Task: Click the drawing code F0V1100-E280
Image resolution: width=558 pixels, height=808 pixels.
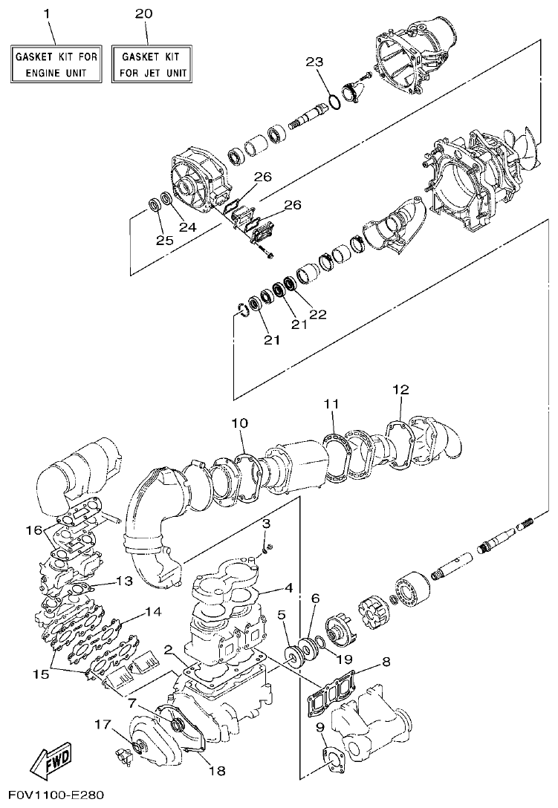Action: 52,795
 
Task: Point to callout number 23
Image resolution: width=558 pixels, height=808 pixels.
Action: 315,62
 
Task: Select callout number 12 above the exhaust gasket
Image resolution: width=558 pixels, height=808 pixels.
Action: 400,389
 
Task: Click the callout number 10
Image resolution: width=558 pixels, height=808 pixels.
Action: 239,423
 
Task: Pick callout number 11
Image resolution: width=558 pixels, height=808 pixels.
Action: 331,403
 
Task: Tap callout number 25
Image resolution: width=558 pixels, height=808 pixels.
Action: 163,240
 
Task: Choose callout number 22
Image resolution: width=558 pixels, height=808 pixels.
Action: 317,314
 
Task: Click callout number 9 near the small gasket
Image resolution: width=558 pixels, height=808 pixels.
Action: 319,727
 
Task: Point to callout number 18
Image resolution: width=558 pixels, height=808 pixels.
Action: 215,771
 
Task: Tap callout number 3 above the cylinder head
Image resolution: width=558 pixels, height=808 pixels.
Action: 265,525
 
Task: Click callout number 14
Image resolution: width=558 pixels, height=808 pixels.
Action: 152,612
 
